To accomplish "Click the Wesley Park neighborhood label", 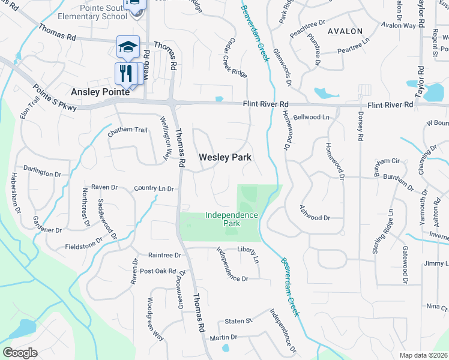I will (x=224, y=157).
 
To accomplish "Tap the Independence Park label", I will (x=232, y=219).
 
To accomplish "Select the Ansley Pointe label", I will (x=100, y=92).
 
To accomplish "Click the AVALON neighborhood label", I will (x=345, y=31).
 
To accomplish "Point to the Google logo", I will (x=20, y=352).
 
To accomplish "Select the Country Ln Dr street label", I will (x=154, y=188).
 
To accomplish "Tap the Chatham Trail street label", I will (x=127, y=130).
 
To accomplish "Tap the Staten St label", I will (x=237, y=322).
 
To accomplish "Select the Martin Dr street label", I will (x=224, y=338).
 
